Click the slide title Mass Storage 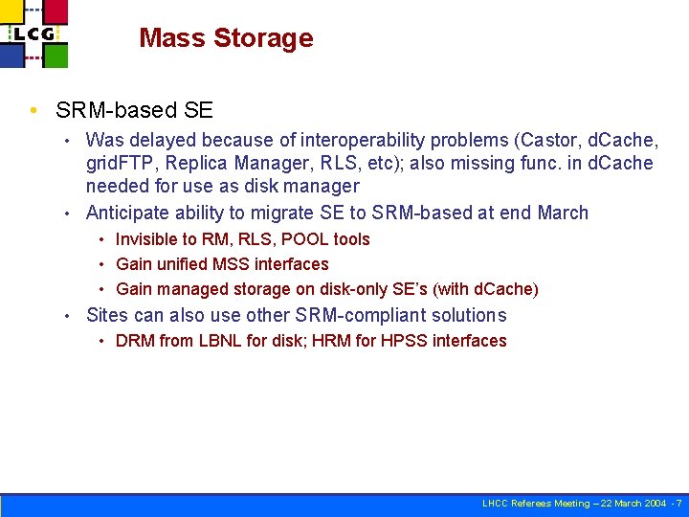226,38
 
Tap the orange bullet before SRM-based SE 35,111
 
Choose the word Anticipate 127,213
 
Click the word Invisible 146,239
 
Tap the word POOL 305,239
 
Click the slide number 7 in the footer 678,504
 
